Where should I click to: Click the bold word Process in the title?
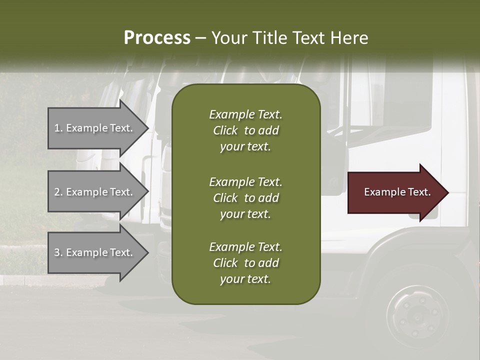pos(157,38)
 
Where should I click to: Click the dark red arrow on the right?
pos(395,192)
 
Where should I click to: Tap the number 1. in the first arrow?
pos(58,128)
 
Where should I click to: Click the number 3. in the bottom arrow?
pos(58,252)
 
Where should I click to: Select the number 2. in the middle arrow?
pos(58,192)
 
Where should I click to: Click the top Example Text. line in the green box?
pos(245,114)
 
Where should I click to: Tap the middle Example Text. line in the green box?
pos(245,181)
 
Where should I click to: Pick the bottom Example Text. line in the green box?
pos(245,247)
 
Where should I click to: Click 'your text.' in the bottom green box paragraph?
pos(245,279)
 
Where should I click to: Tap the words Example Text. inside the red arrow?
pos(397,192)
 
